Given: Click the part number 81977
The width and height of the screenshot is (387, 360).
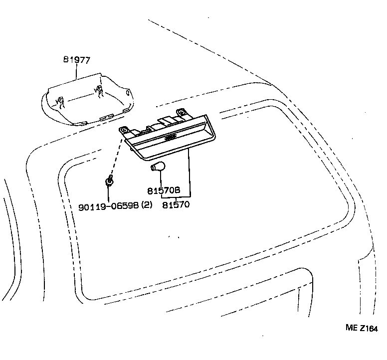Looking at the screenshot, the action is [77, 60].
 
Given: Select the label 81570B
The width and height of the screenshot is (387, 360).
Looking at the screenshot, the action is [164, 190].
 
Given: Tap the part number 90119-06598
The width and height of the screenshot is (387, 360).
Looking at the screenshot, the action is [109, 205].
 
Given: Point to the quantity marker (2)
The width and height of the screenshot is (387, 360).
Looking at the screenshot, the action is [147, 205].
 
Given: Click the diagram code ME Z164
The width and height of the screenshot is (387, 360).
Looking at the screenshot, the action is [362, 328].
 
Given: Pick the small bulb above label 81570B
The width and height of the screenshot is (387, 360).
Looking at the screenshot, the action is [158, 167].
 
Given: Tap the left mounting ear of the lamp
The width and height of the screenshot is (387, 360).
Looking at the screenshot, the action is [125, 130].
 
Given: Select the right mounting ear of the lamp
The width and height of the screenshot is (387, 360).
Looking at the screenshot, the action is [182, 112].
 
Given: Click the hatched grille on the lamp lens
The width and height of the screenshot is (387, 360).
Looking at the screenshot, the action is [170, 138].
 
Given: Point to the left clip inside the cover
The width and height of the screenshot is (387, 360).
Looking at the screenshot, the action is [60, 102].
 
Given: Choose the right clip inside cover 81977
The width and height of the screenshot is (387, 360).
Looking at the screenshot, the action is [98, 91].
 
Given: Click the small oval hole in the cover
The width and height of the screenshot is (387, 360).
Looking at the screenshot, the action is [127, 93].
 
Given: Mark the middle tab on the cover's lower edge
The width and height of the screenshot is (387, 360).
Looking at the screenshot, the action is [106, 117].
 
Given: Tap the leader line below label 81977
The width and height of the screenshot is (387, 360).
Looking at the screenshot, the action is [76, 72].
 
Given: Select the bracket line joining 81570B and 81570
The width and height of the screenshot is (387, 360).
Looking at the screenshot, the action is [176, 197].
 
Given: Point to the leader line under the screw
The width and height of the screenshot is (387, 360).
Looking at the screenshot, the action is [108, 194].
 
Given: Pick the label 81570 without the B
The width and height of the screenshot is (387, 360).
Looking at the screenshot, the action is [176, 204].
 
